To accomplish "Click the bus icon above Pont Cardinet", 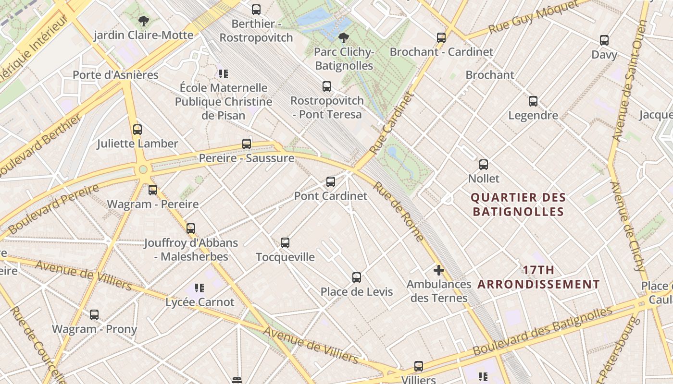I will click(x=330, y=182).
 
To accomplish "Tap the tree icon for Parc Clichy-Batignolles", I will click(x=343, y=37).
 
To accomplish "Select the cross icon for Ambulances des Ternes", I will click(x=438, y=270).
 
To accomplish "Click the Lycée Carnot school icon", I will click(x=199, y=288).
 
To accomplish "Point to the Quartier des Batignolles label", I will click(x=518, y=204).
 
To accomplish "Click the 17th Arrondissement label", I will click(x=538, y=277).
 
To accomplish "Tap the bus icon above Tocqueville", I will click(x=285, y=243).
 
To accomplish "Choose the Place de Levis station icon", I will click(x=356, y=277).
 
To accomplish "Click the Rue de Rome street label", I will click(x=399, y=211).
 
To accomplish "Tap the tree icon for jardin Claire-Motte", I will click(x=143, y=21).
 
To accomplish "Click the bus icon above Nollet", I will click(x=484, y=165).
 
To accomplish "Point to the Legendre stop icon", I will click(x=533, y=101).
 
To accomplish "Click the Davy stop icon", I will click(x=604, y=40).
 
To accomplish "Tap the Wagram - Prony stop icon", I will click(x=94, y=315).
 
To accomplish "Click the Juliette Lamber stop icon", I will click(x=137, y=130).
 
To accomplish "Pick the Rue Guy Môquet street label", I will click(x=533, y=17).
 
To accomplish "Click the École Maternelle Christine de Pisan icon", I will click(x=223, y=74).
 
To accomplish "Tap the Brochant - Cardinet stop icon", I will click(x=441, y=37).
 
